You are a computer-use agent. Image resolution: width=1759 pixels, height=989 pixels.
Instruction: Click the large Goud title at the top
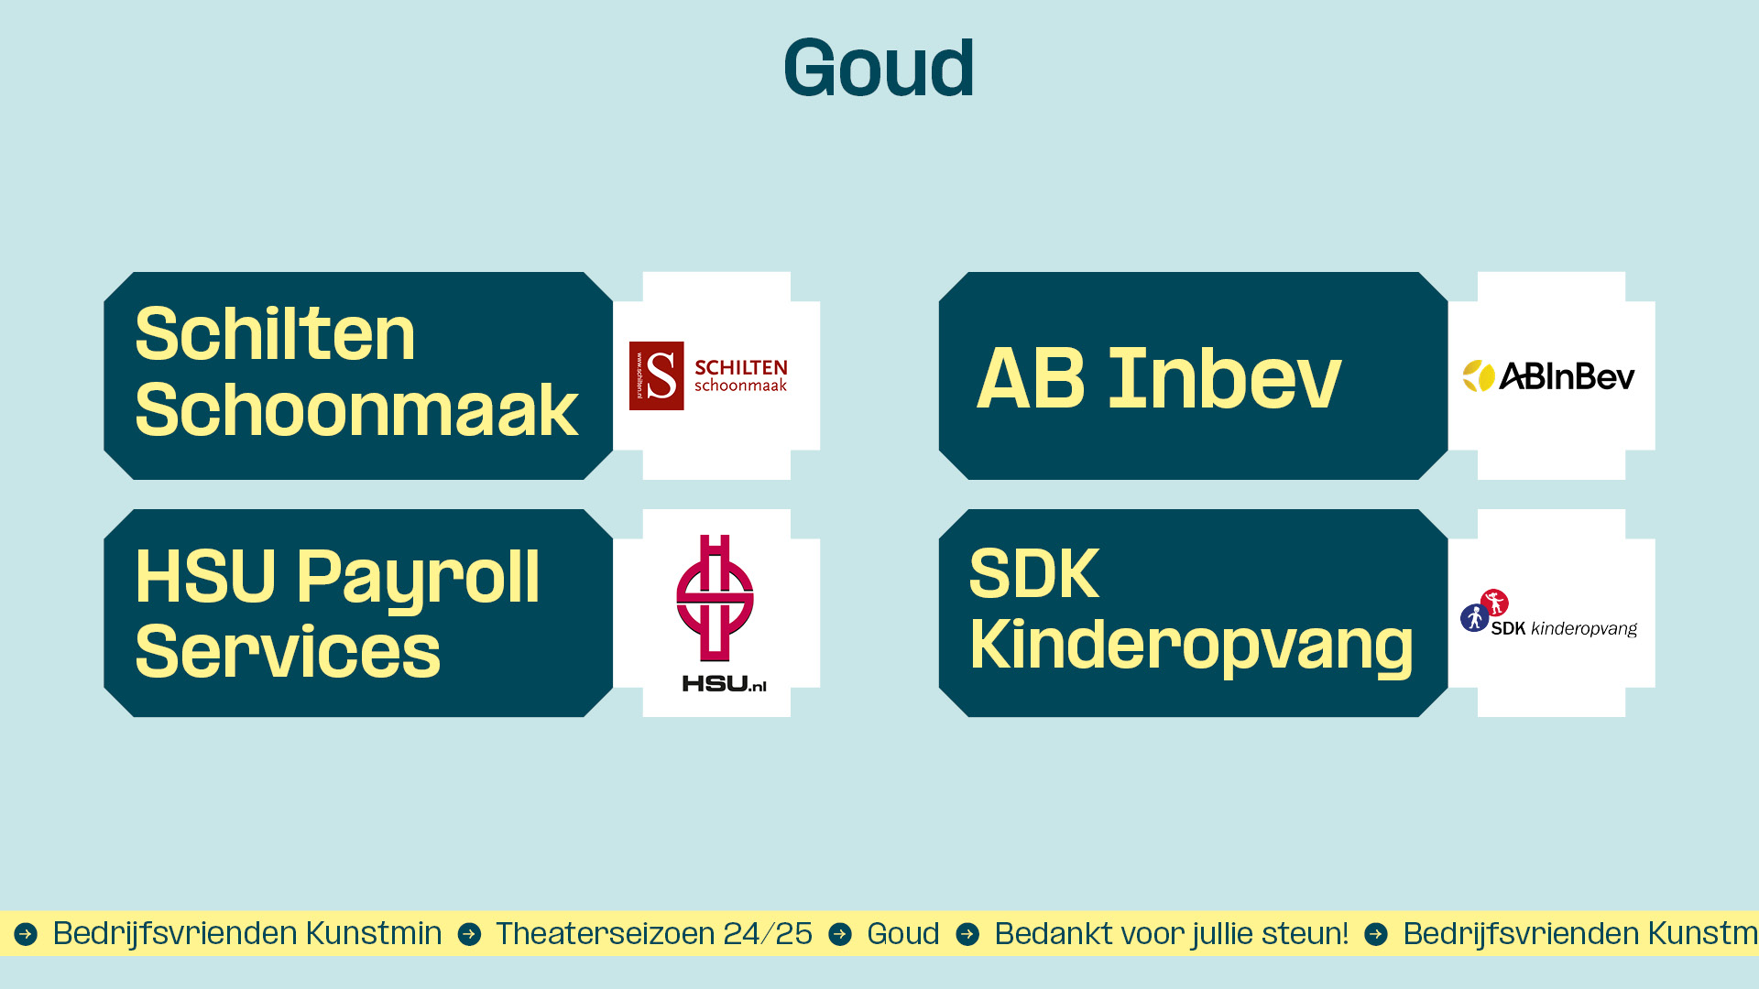coord(879,68)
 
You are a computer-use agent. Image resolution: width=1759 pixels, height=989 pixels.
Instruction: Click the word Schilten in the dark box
coord(275,333)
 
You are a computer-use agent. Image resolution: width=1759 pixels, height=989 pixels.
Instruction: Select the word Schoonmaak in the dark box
coord(356,409)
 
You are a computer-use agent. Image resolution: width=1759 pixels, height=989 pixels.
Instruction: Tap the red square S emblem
coord(656,375)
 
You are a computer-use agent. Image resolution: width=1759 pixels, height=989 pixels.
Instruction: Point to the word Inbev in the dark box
coord(1224,378)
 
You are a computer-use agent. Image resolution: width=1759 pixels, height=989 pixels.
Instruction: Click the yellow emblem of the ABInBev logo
coord(1478,375)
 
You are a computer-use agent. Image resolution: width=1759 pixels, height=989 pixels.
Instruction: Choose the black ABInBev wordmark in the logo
coord(1567,376)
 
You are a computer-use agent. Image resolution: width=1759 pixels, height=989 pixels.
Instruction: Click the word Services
coord(288,651)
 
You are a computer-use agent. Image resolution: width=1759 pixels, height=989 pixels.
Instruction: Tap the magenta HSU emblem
coord(715,598)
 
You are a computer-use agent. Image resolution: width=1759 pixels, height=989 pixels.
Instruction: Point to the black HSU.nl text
coord(724,683)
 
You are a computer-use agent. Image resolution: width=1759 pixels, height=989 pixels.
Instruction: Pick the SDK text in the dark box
coord(1034,574)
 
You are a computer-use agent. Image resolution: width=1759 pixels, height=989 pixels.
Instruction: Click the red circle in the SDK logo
coord(1494,602)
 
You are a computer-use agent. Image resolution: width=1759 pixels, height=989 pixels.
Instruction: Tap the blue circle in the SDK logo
coord(1474,618)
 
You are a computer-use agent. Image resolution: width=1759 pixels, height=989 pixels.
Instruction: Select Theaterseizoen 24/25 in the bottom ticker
coord(654,933)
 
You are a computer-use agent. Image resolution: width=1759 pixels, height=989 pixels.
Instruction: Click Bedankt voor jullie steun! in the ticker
coord(1171,933)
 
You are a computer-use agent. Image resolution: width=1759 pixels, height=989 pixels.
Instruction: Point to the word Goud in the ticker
coord(903,933)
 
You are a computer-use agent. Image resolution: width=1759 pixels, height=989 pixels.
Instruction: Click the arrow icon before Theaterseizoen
coord(469,934)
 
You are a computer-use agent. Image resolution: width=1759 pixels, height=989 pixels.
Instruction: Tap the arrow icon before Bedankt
coord(967,934)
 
